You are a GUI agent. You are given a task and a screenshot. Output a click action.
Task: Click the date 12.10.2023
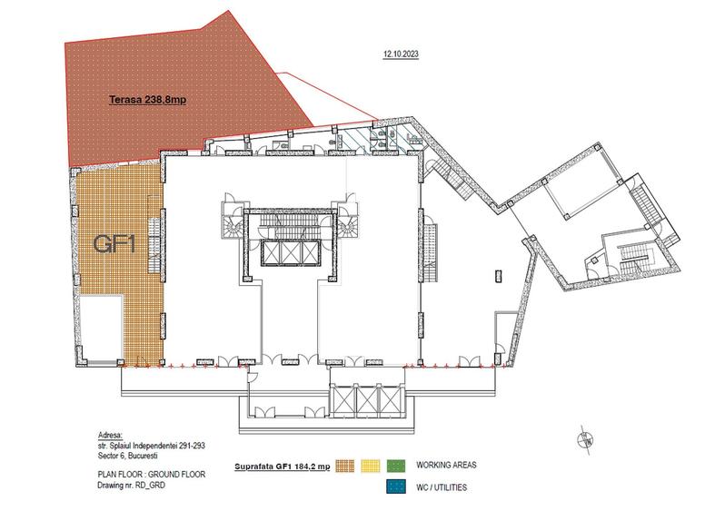tap(401, 54)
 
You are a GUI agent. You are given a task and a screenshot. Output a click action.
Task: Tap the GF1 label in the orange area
tap(114, 244)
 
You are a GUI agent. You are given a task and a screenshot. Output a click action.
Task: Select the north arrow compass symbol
tap(581, 440)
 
